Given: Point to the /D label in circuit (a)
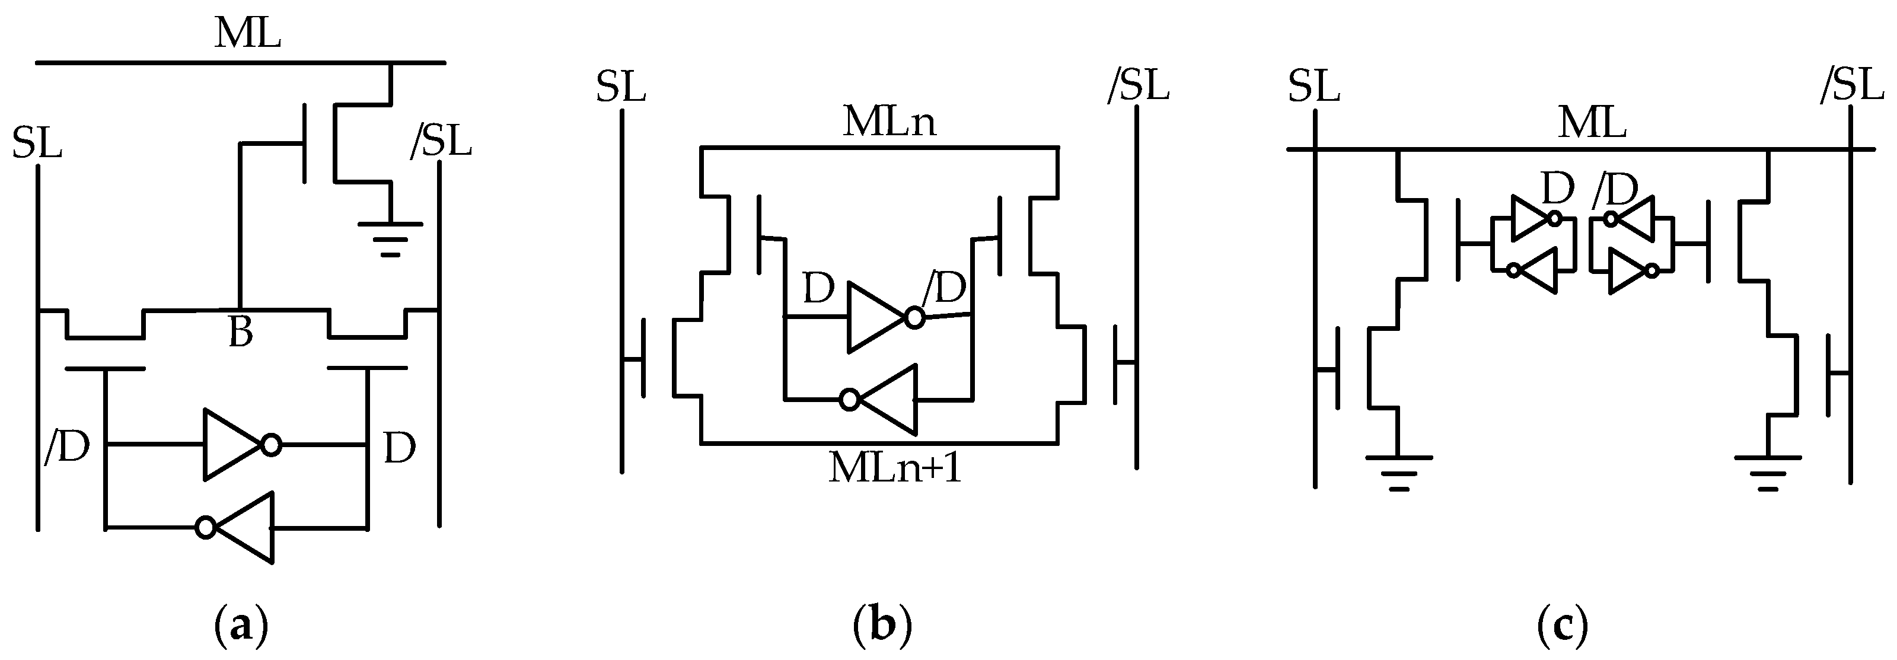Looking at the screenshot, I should tap(67, 447).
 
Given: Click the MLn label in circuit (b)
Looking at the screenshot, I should tap(889, 122).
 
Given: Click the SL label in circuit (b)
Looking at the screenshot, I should tap(621, 87).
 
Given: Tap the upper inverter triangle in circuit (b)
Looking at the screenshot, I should tap(876, 317).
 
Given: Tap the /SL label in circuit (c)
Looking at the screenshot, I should tap(1851, 85).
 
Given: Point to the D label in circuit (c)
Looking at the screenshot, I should tap(1557, 189).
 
